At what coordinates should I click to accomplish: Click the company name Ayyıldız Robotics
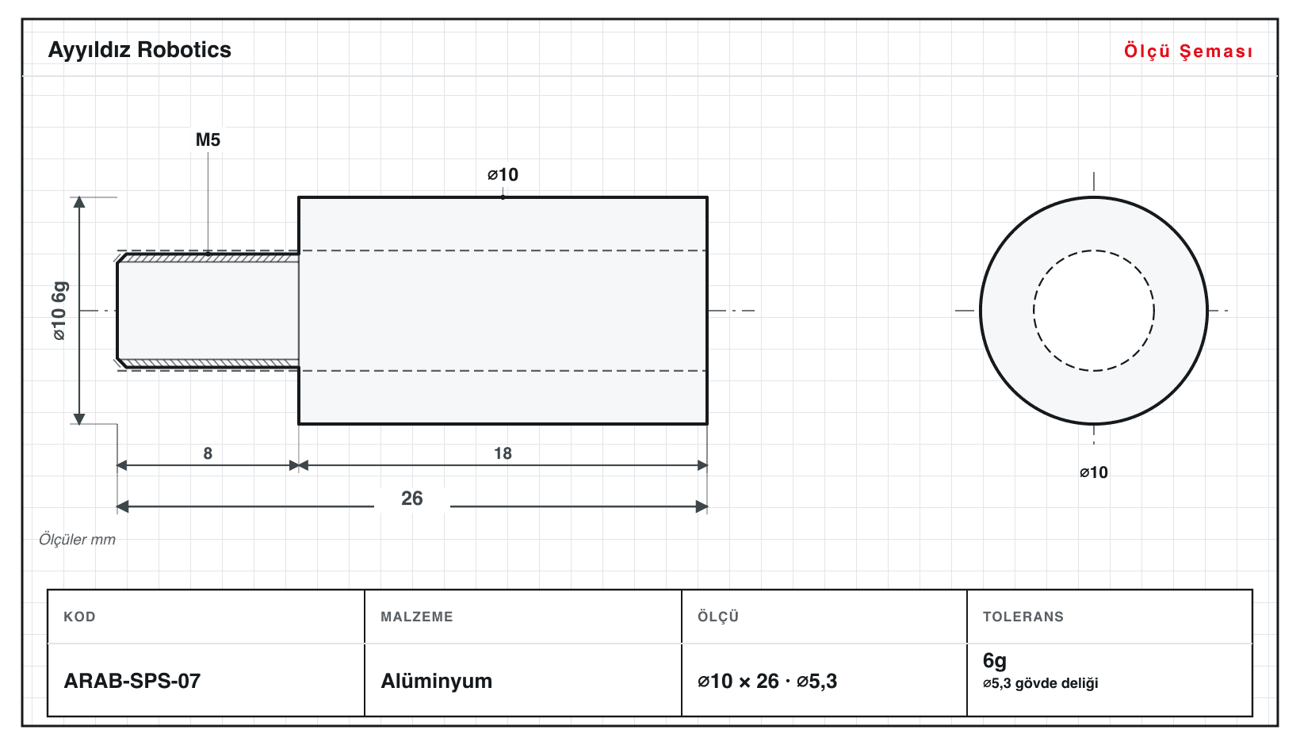pos(140,51)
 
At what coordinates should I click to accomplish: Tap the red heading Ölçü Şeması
pos(1188,51)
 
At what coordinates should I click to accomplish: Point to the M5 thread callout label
pos(208,139)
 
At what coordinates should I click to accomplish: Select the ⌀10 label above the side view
pos(503,174)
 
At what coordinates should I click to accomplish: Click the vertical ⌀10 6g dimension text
pos(59,311)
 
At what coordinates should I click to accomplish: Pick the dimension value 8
pos(208,453)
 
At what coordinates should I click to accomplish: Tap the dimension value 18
pos(503,453)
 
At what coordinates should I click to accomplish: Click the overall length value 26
pos(412,499)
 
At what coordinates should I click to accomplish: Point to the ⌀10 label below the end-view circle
pos(1094,472)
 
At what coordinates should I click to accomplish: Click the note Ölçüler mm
pos(77,540)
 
